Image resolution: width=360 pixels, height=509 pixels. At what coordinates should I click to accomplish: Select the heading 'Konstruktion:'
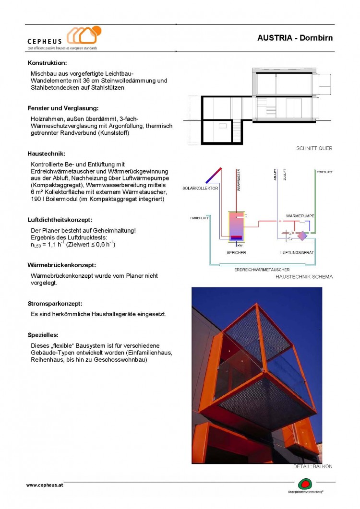click(x=47, y=63)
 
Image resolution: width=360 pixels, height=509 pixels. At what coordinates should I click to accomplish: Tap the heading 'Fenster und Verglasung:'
click(x=63, y=108)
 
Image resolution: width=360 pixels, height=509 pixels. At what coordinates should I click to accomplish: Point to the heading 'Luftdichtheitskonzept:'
click(x=60, y=220)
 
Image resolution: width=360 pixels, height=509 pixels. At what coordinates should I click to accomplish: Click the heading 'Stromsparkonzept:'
click(x=55, y=304)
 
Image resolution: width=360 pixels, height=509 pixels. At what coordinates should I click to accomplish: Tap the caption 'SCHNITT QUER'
click(x=314, y=148)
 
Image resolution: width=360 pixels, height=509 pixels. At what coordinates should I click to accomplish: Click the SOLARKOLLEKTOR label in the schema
click(x=200, y=188)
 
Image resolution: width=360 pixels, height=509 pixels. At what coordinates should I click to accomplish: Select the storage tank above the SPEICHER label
click(x=236, y=226)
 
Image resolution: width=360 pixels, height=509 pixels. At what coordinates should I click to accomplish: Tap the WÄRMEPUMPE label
click(x=300, y=216)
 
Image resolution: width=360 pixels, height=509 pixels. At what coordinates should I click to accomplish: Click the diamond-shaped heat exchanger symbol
click(x=302, y=236)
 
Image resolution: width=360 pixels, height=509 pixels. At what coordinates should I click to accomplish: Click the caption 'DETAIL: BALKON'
click(x=312, y=466)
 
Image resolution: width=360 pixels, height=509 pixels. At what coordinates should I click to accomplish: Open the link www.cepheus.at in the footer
click(x=45, y=485)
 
